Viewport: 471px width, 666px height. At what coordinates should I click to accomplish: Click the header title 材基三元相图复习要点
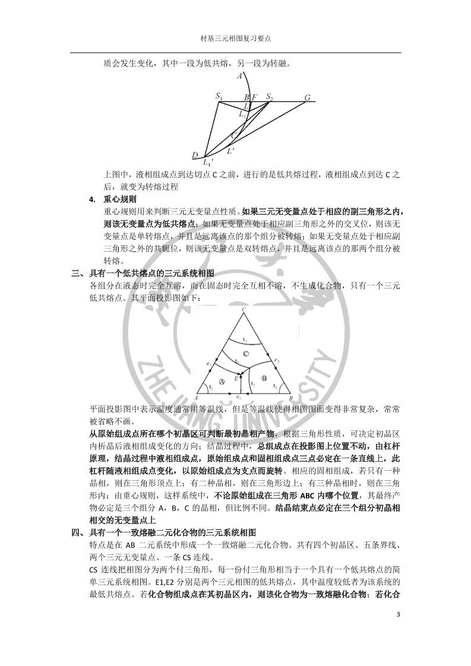coord(236,39)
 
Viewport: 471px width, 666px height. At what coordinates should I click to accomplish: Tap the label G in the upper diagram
coord(307,97)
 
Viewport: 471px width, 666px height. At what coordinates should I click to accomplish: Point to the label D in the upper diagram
coord(195,156)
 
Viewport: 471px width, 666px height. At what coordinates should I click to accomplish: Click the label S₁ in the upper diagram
coord(219,96)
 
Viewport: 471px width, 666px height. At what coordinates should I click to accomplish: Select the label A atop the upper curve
coord(239,76)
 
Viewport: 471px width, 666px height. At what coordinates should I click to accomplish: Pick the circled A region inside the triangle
coord(223,380)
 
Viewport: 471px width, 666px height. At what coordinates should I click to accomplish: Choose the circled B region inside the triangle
coord(264,378)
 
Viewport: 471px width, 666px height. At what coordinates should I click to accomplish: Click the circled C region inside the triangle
coord(245,354)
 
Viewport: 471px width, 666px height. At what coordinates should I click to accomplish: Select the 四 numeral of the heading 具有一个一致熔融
coord(75,531)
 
